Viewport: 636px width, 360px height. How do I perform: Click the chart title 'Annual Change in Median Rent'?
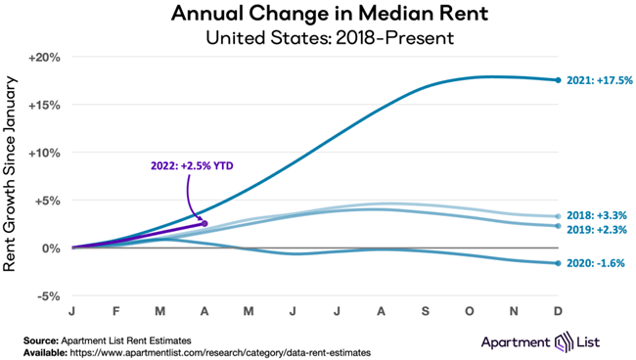[318, 15]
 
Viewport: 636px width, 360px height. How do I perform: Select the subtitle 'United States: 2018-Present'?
[318, 38]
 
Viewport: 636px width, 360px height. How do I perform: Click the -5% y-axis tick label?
[48, 295]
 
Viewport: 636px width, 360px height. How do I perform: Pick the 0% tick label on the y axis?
[52, 247]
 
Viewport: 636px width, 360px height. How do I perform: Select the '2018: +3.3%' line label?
[596, 214]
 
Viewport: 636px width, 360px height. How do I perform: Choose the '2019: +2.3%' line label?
[596, 229]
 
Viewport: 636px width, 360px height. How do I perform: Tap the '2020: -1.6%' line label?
[596, 263]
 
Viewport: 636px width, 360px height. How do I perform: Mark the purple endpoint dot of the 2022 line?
[204, 223]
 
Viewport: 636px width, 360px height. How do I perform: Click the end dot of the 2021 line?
[558, 80]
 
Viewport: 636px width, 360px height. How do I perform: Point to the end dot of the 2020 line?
[558, 263]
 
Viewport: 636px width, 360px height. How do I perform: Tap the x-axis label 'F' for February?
[115, 312]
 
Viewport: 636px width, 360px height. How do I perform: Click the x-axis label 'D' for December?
[558, 312]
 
